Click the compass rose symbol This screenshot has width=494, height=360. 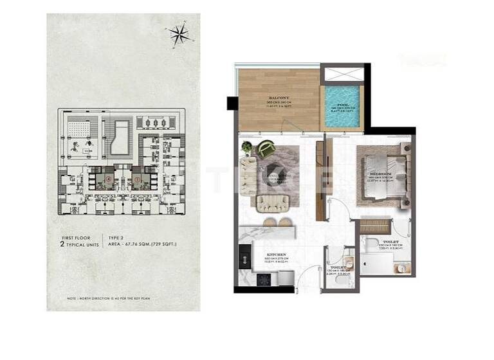tap(179, 35)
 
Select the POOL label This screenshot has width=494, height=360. tap(343, 104)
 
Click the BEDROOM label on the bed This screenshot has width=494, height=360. tap(378, 174)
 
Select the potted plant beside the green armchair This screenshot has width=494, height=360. tap(248, 147)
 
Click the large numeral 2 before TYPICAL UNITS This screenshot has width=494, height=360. tap(62, 246)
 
